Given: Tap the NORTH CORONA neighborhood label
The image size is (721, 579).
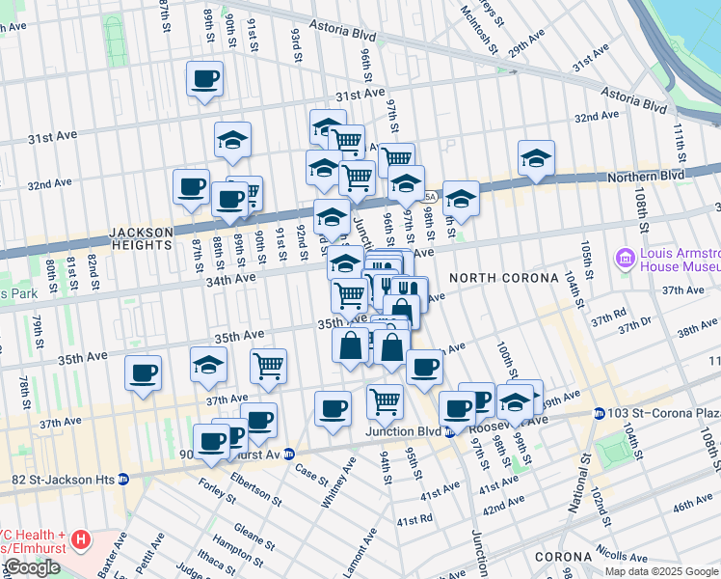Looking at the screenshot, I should coord(503,278).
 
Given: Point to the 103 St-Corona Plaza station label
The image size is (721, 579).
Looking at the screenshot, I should coord(664,413).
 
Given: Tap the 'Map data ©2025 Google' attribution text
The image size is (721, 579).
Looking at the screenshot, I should coord(661,571).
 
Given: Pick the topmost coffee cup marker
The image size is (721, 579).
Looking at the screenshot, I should coord(205,79).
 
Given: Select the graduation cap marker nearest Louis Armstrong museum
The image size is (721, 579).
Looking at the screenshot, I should coord(537,159).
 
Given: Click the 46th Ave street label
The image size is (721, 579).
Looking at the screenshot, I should coord(693,506).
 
